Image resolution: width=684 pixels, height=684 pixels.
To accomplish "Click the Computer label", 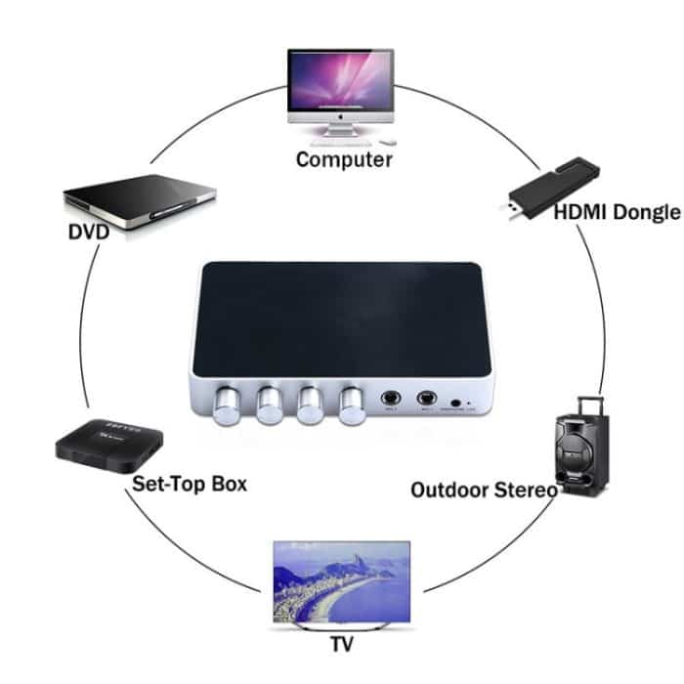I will pyautogui.click(x=344, y=159).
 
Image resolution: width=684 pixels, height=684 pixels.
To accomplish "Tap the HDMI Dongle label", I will pyautogui.click(x=603, y=212).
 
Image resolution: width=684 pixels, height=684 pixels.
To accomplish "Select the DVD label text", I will pyautogui.click(x=88, y=233).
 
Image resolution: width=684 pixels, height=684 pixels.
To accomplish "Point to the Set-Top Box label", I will pyautogui.click(x=189, y=484).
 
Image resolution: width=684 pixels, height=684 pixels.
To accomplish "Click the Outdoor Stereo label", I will pyautogui.click(x=483, y=490).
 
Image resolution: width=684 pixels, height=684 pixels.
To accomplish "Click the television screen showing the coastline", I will pyautogui.click(x=339, y=580).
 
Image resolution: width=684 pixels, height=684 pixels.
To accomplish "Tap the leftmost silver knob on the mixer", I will pyautogui.click(x=227, y=403).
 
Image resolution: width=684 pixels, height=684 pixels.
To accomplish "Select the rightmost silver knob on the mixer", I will pyautogui.click(x=351, y=404).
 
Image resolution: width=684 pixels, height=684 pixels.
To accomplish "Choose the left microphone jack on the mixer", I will pyautogui.click(x=391, y=399).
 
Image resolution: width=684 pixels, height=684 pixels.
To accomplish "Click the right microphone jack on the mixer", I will pyautogui.click(x=426, y=399).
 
